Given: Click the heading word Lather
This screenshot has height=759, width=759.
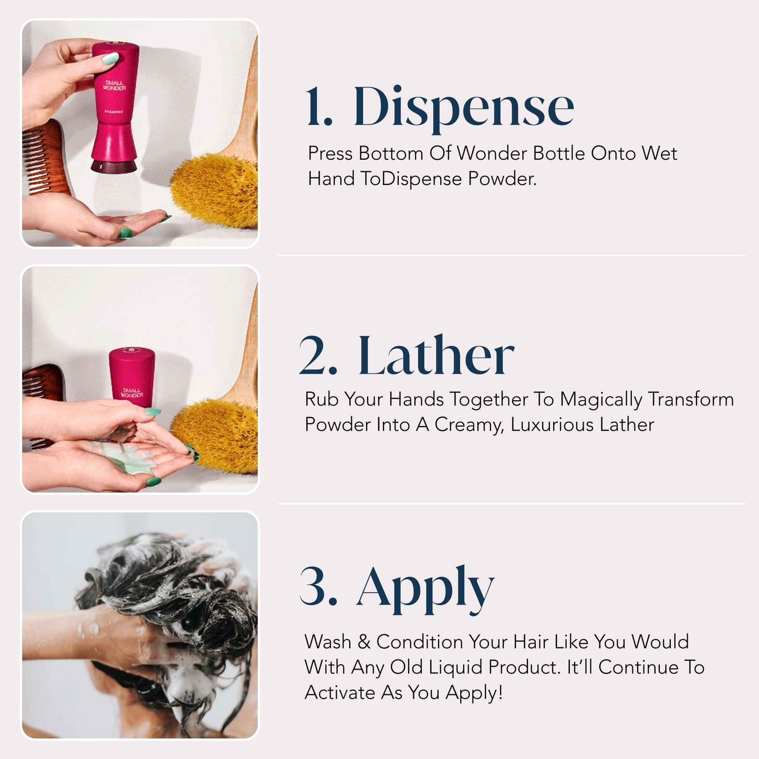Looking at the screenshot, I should click(435, 356).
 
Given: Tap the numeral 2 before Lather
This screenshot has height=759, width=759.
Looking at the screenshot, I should click(318, 356).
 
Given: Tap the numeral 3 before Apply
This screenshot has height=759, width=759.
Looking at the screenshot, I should click(318, 587).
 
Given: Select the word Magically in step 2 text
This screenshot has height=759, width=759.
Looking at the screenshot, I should click(601, 400).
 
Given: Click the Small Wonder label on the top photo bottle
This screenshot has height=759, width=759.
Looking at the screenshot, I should click(114, 85).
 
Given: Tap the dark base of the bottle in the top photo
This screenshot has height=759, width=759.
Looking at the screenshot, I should click(113, 166).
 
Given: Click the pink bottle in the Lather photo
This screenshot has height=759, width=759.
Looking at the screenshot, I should click(131, 376).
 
